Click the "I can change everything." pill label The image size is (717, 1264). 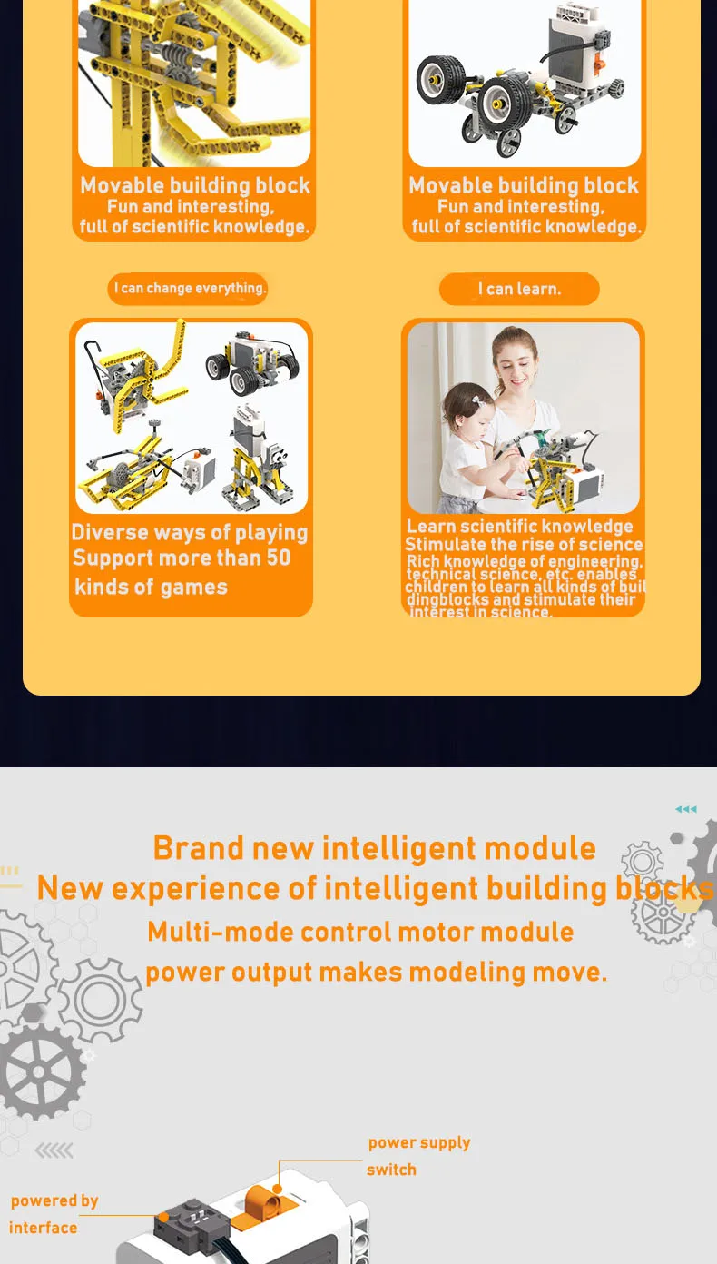click(x=189, y=289)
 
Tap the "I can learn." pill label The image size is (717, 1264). click(x=519, y=290)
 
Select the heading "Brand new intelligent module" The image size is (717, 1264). click(x=374, y=848)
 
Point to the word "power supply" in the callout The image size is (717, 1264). click(x=419, y=1142)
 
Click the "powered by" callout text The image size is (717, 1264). click(x=54, y=1200)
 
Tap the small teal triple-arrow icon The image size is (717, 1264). click(x=686, y=809)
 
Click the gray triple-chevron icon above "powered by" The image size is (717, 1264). click(x=54, y=1151)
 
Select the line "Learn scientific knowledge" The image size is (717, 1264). click(x=519, y=527)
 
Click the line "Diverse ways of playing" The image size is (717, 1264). click(x=190, y=533)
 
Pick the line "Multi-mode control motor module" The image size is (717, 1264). click(x=360, y=932)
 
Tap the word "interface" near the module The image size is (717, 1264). click(x=44, y=1228)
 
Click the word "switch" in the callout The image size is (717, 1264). click(x=391, y=1170)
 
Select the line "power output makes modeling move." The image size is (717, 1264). click(x=376, y=973)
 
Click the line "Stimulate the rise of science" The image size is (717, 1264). click(x=524, y=545)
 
